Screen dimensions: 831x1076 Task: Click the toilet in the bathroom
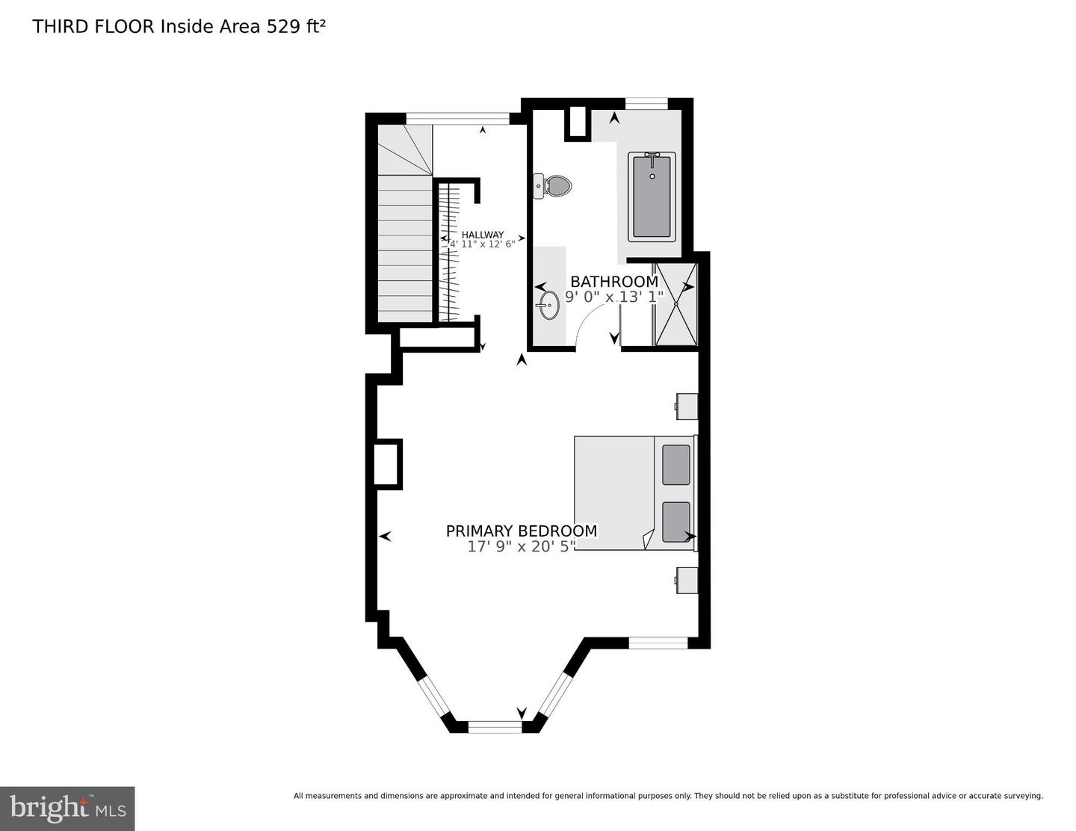click(554, 185)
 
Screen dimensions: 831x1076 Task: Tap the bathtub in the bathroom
click(652, 197)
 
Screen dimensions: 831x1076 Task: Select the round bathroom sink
click(548, 305)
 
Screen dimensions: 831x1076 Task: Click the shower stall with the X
click(675, 304)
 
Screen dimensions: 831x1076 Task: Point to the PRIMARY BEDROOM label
click(521, 531)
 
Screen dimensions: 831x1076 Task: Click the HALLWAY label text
click(482, 235)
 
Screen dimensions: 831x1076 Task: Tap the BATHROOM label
click(613, 282)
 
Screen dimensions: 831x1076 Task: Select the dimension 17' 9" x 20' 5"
click(521, 546)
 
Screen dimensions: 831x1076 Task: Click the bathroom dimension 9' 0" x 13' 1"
click(613, 297)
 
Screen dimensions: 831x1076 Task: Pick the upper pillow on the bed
click(675, 465)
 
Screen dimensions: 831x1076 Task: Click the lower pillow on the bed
click(675, 522)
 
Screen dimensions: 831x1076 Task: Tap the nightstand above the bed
click(687, 407)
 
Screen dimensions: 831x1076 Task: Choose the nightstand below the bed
click(687, 580)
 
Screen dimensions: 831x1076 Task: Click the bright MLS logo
click(67, 808)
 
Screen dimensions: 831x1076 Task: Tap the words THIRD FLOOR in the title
click(93, 27)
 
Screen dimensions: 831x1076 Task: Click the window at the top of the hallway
click(457, 118)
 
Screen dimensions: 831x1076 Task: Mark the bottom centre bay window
click(494, 726)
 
